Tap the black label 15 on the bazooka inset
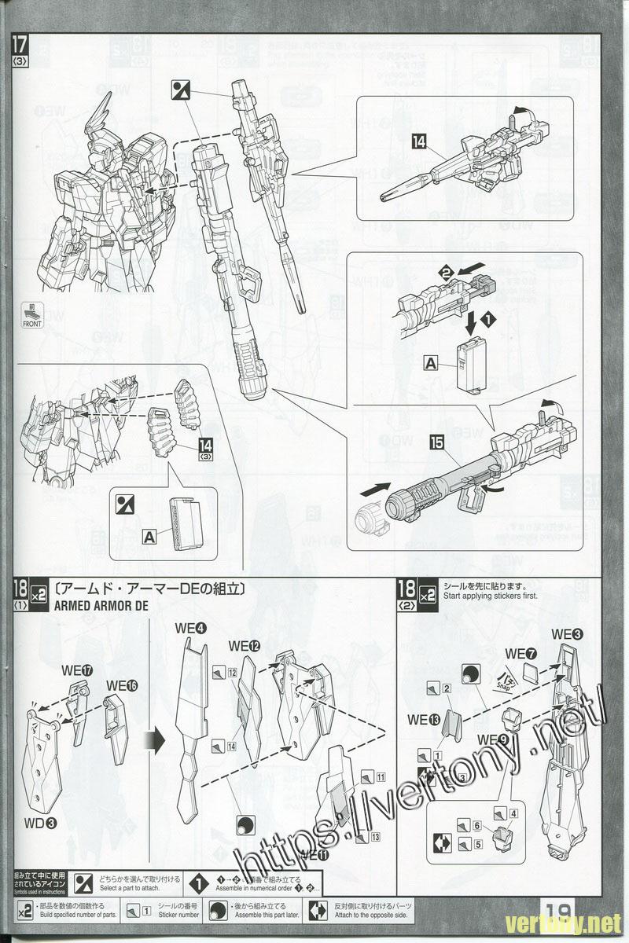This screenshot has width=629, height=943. (x=436, y=443)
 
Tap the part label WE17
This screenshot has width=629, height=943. (x=77, y=671)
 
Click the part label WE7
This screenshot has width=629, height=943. (x=520, y=653)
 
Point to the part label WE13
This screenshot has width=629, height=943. (x=424, y=717)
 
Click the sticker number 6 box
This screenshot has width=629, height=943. (x=477, y=825)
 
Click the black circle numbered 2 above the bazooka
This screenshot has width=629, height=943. (x=446, y=272)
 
